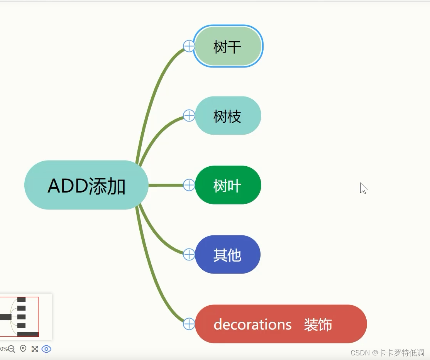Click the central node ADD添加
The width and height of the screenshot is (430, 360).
(86, 185)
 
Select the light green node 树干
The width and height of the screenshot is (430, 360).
(228, 47)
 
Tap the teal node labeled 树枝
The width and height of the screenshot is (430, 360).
(228, 116)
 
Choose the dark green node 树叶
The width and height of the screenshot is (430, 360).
(228, 185)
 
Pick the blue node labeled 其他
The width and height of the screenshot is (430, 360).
(228, 255)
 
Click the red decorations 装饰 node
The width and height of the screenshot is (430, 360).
(281, 324)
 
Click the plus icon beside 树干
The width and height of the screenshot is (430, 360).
(189, 46)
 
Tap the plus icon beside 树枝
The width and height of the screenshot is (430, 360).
(189, 115)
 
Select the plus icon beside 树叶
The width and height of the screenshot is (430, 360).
(189, 185)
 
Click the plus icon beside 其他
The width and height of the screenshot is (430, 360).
(189, 254)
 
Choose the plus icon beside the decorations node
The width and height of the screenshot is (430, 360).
(189, 324)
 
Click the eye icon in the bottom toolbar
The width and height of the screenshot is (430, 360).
(46, 349)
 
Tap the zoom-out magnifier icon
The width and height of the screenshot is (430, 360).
(12, 349)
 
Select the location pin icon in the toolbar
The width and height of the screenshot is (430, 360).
(23, 349)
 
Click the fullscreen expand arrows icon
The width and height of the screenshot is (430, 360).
(35, 349)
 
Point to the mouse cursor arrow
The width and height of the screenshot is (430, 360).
(363, 188)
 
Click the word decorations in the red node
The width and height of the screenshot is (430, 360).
(252, 325)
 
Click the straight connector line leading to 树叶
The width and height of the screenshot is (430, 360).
(166, 185)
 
